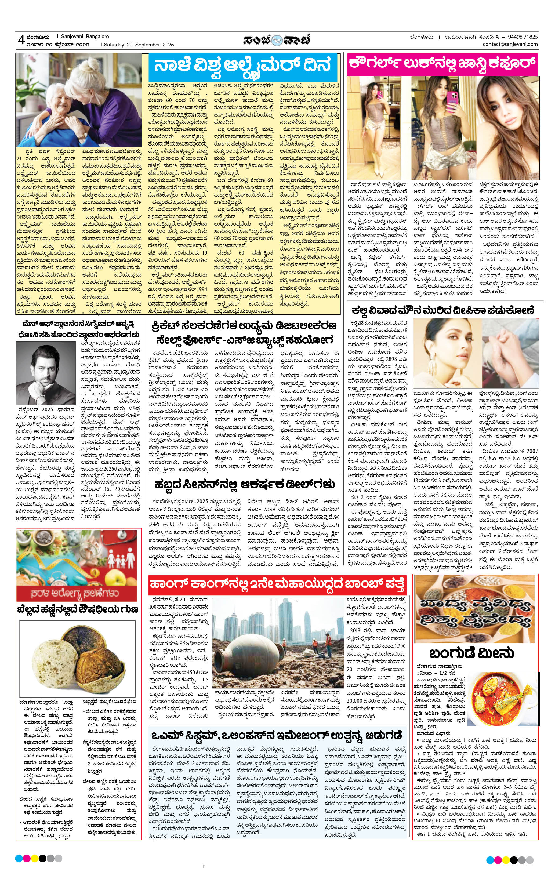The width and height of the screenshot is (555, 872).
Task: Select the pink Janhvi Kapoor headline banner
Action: click(x=442, y=64)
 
